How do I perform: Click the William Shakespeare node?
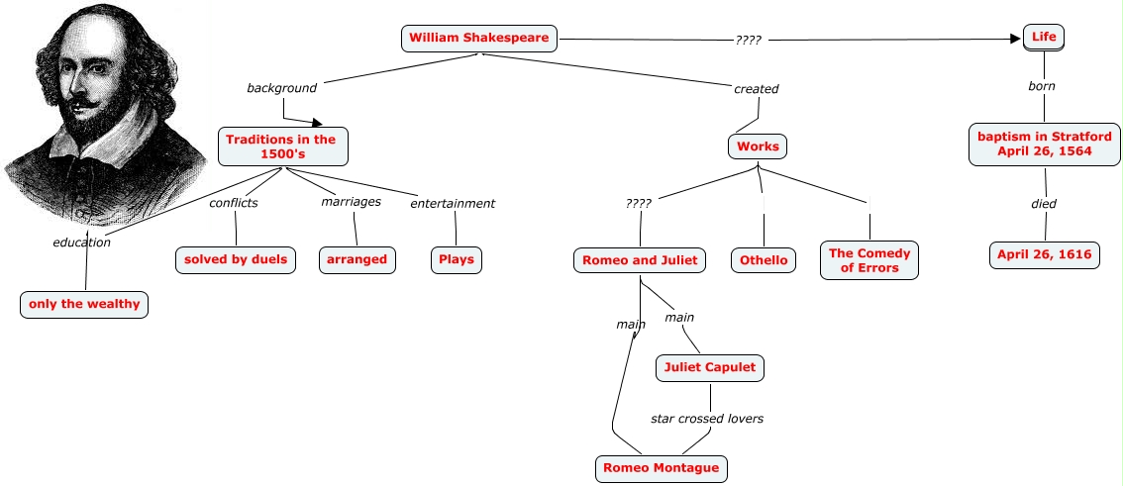click(x=479, y=39)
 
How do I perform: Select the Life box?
click(x=1044, y=38)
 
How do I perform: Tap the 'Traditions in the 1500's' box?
click(x=280, y=146)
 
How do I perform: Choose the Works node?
click(x=759, y=146)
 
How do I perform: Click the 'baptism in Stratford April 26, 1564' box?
click(x=1044, y=145)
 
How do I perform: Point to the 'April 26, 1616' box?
click(x=1044, y=254)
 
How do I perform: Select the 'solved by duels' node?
click(x=236, y=259)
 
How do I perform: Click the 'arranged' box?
click(x=357, y=259)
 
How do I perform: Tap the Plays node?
click(x=456, y=259)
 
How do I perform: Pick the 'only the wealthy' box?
click(x=84, y=304)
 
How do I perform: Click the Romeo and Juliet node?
click(x=640, y=260)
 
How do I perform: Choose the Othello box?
click(x=764, y=260)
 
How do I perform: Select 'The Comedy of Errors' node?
click(x=869, y=260)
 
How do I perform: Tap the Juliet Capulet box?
click(x=709, y=367)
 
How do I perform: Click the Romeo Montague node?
click(x=661, y=467)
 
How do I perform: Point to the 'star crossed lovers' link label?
click(x=706, y=419)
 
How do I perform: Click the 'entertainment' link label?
click(x=453, y=204)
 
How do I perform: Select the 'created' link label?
click(x=756, y=89)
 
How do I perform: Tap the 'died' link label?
click(x=1044, y=204)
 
